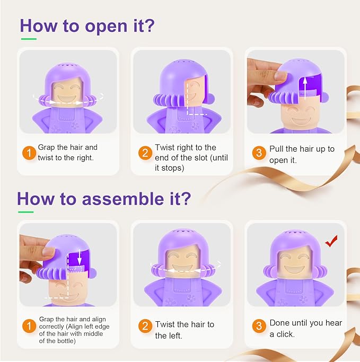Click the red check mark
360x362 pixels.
pyautogui.click(x=332, y=242)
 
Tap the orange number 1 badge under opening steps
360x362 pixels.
pyautogui.click(x=29, y=153)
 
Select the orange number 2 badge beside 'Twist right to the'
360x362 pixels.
pyautogui.click(x=145, y=153)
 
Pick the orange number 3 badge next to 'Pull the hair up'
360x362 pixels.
pyautogui.click(x=259, y=153)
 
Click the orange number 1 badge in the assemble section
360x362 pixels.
pyautogui.click(x=29, y=326)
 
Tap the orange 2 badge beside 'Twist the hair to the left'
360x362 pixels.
pyautogui.click(x=145, y=326)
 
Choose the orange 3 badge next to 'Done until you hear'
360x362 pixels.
pyautogui.click(x=259, y=326)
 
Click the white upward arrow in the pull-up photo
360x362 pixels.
pyautogui.click(x=305, y=89)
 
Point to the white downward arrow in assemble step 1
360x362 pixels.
pyautogui.click(x=79, y=257)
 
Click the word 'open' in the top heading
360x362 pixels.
pyautogui.click(x=106, y=26)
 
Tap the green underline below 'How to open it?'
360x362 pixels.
pyautogui.click(x=29, y=39)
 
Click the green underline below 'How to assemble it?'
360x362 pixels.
pyautogui.click(x=26, y=212)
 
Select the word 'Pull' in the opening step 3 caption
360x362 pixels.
pyautogui.click(x=276, y=149)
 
